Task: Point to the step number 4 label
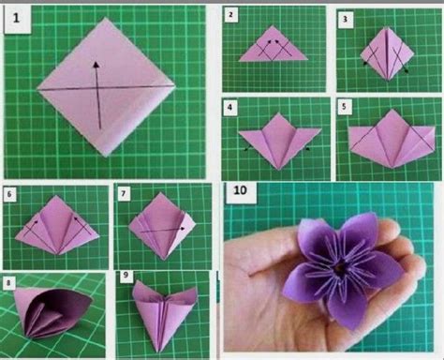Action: click(x=231, y=107)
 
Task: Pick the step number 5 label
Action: click(x=345, y=106)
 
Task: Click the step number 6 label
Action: click(x=10, y=194)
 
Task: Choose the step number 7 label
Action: click(x=125, y=194)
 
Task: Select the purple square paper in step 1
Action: click(x=105, y=92)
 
